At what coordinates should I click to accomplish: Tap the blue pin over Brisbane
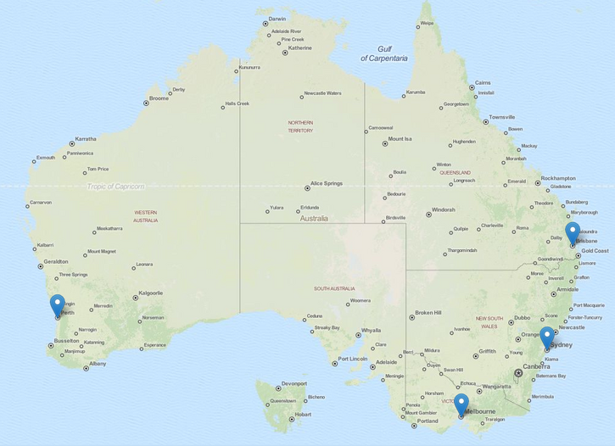573,231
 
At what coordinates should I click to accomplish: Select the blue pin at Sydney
547,336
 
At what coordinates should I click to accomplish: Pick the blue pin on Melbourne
461,403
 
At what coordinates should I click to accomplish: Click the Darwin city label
277,19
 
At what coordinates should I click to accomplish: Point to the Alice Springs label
327,183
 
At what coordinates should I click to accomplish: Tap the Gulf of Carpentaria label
383,53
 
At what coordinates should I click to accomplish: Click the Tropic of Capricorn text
115,187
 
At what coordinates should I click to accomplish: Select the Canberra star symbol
518,373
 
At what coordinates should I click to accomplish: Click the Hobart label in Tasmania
302,415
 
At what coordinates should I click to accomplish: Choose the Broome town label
159,99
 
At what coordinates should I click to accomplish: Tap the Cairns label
482,83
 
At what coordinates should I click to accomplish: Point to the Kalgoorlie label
150,293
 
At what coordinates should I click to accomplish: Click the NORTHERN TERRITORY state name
300,126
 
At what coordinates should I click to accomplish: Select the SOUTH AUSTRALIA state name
333,288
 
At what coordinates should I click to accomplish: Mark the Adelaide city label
386,362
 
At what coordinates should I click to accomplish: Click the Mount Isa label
400,138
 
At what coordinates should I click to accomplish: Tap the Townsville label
501,117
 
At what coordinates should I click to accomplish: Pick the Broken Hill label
428,312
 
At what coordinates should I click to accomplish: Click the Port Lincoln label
353,359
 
